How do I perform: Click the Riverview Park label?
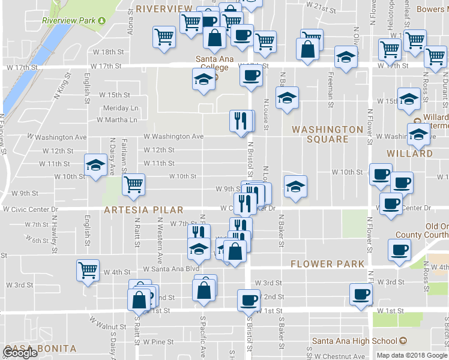(x=69, y=20)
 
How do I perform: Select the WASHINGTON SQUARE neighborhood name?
(x=328, y=134)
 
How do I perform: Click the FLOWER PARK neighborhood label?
(x=327, y=263)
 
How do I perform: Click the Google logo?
(x=20, y=353)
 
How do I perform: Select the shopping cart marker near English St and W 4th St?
(x=88, y=270)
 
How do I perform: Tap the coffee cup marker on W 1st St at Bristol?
(x=249, y=299)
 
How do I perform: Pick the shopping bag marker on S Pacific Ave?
(x=204, y=289)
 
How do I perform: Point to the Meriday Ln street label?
(x=121, y=108)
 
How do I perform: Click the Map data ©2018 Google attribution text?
(x=412, y=355)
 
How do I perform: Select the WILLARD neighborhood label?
(x=410, y=154)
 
